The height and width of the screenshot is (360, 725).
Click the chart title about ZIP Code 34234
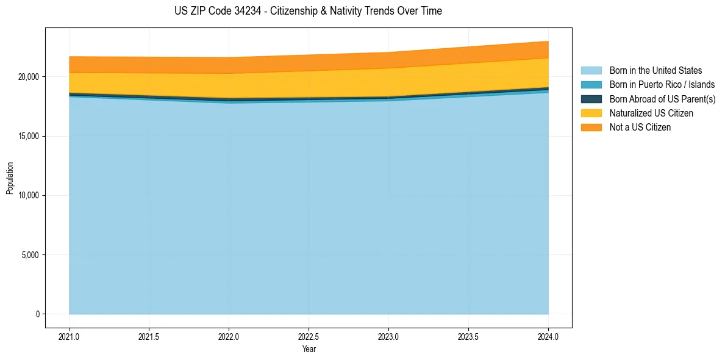click(x=308, y=11)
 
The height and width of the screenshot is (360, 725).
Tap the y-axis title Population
click(x=10, y=178)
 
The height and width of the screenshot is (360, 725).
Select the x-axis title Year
click(x=309, y=349)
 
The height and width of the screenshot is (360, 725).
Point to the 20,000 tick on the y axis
click(x=29, y=77)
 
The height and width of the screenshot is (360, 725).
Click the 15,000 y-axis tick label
click(x=29, y=136)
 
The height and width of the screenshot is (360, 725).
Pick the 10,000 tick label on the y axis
click(x=29, y=195)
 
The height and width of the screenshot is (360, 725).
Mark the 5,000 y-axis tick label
click(x=31, y=254)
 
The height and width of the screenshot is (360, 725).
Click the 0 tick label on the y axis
click(x=37, y=314)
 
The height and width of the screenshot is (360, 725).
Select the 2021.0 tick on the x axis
click(x=70, y=335)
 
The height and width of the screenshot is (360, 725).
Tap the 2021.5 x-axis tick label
click(x=149, y=335)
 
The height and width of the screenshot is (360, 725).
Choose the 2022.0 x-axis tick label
click(x=229, y=335)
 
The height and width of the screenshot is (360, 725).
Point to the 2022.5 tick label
click(x=309, y=335)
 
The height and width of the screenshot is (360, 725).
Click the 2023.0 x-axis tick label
click(x=388, y=335)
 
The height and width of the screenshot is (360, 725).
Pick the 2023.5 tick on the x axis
click(x=468, y=335)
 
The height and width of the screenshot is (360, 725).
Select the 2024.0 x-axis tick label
click(x=548, y=335)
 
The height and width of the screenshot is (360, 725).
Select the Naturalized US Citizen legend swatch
click(x=591, y=113)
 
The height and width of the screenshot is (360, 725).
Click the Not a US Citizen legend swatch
click(x=591, y=128)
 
